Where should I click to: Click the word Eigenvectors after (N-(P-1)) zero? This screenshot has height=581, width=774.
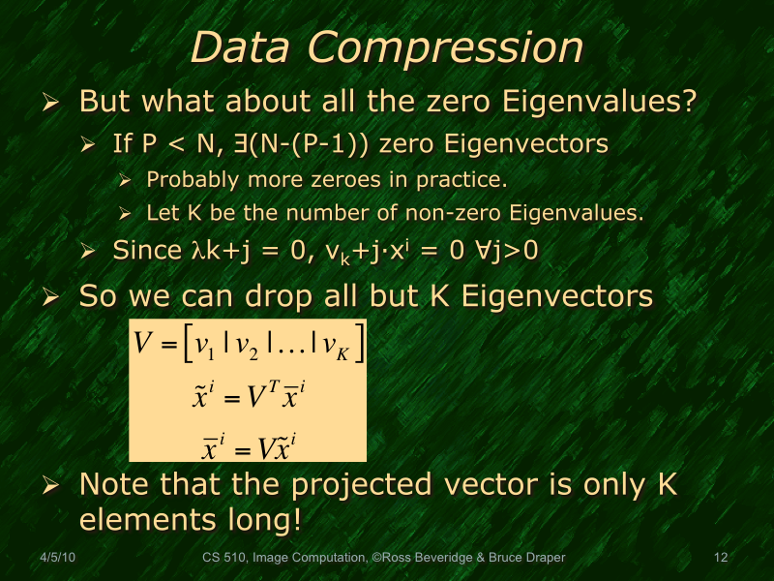pyautogui.click(x=521, y=145)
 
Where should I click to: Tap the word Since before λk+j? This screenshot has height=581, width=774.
pyautogui.click(x=142, y=251)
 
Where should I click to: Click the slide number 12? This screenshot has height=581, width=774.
pyautogui.click(x=720, y=558)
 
